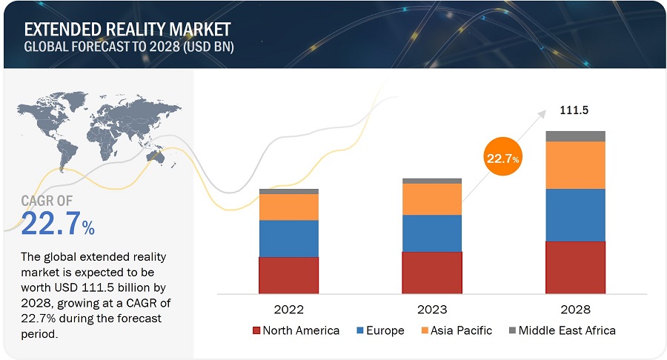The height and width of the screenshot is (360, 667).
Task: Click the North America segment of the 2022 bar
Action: click(x=288, y=275)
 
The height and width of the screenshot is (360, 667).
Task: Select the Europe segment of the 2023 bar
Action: click(x=431, y=233)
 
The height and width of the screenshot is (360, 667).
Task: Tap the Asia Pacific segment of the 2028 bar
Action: click(x=575, y=164)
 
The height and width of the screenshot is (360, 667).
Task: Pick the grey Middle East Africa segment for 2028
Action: click(x=575, y=136)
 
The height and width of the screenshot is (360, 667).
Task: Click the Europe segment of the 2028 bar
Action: click(x=575, y=215)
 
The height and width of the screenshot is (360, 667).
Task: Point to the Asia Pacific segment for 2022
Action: click(x=288, y=207)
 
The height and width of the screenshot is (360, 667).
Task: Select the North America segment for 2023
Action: click(x=431, y=272)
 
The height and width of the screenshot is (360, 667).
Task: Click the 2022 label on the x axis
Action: click(x=288, y=309)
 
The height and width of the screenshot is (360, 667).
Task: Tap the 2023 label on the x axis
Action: click(x=431, y=309)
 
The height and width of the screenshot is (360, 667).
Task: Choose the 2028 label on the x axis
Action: click(x=575, y=309)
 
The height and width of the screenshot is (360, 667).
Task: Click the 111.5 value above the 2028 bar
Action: click(x=573, y=110)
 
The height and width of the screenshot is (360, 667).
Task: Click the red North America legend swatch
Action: click(x=256, y=330)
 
